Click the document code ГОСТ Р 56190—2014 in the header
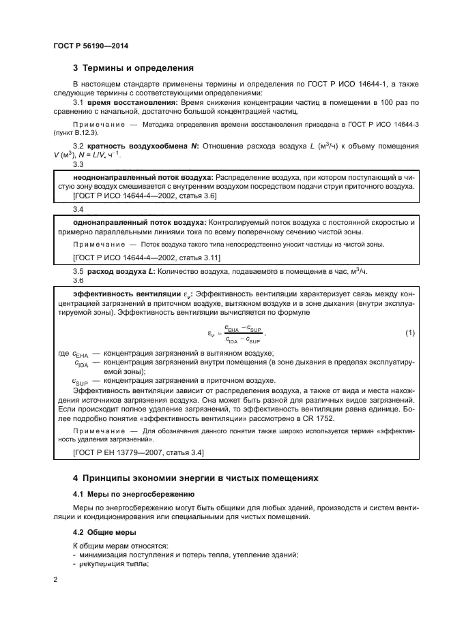coord(91,46)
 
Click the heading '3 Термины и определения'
coord(133,68)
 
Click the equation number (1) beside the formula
coord(410,332)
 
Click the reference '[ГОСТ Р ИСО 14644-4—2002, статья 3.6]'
coord(145,196)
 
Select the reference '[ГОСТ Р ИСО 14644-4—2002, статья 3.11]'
coord(146,257)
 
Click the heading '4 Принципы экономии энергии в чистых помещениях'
coord(195,479)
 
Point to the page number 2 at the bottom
coord(55,580)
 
